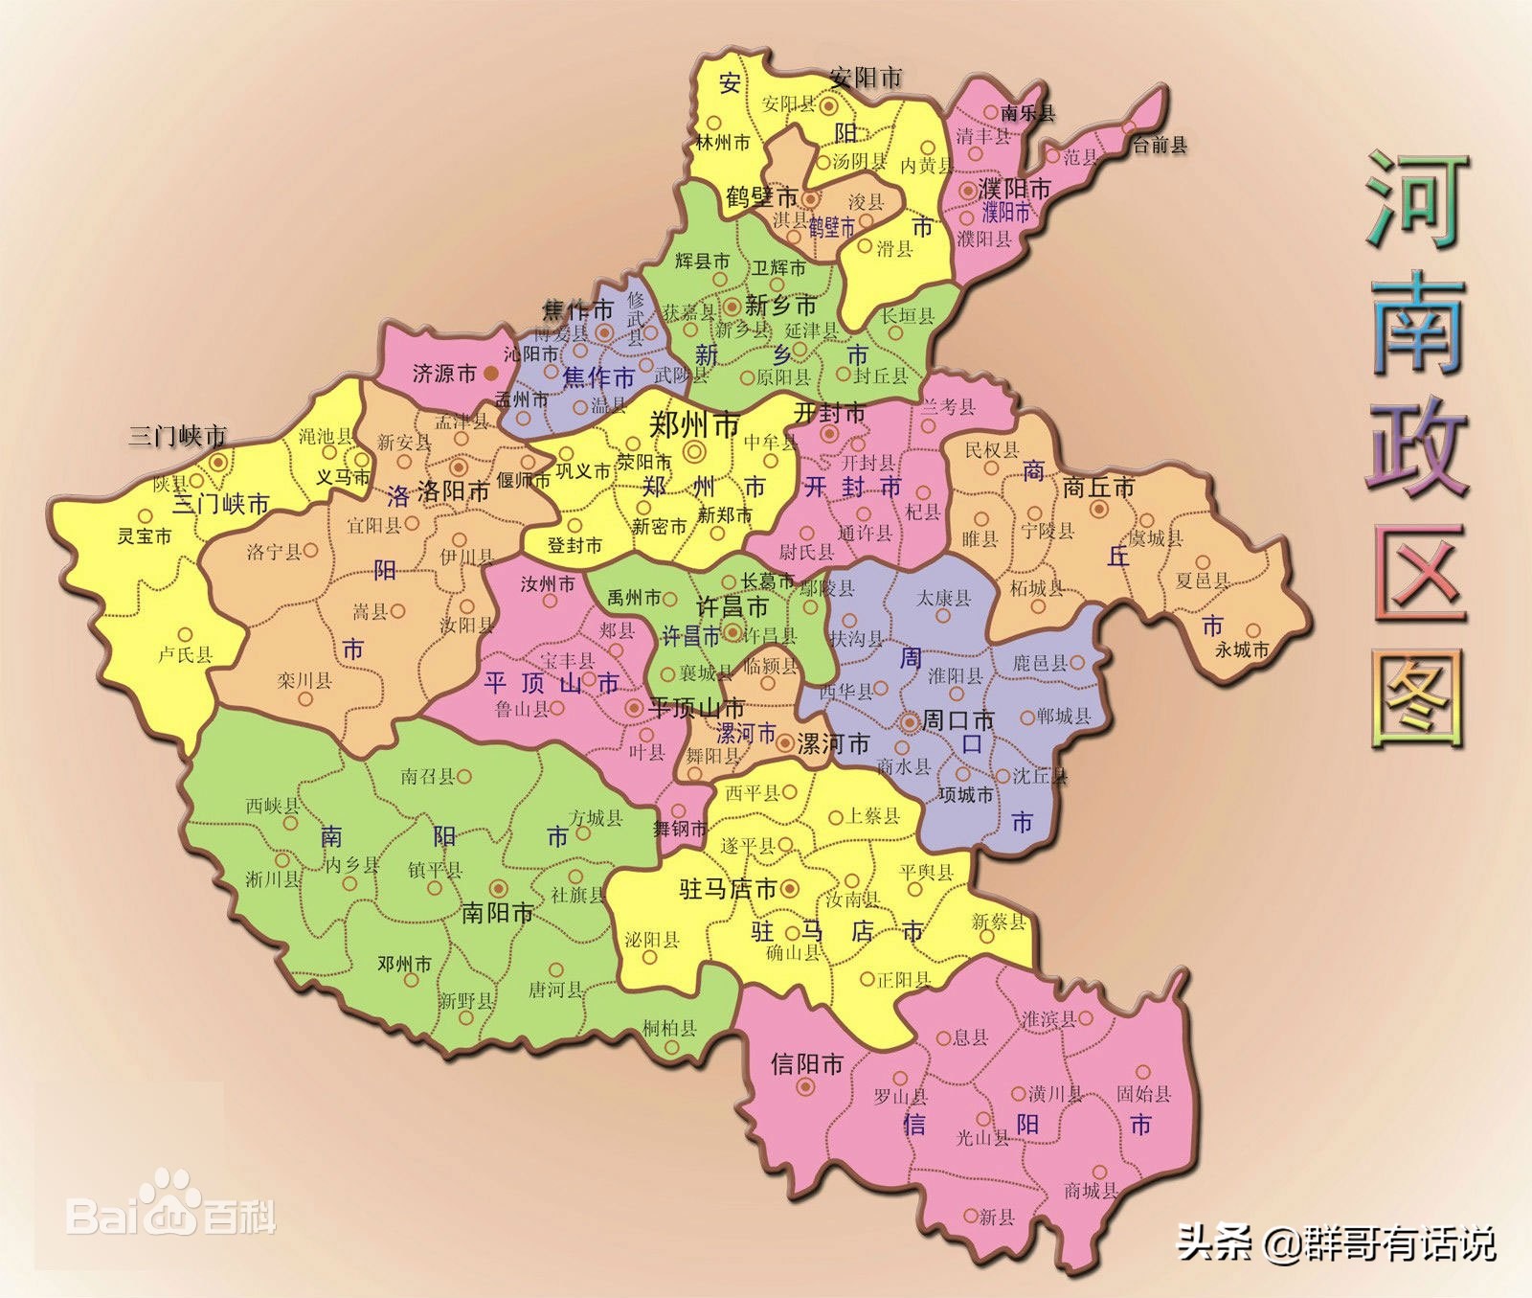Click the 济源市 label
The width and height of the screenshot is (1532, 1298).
coord(444,373)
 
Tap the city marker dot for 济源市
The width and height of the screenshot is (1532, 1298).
coord(491,373)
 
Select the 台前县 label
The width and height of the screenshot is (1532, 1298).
coord(1160,146)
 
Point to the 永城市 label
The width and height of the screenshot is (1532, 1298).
coord(1242,649)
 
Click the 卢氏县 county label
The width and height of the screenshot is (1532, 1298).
coord(185,655)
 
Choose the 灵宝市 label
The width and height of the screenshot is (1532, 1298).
coord(145,536)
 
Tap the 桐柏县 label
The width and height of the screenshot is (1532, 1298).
coord(670,1029)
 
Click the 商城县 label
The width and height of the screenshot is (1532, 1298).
coord(1092,1191)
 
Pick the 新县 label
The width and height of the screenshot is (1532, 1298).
coord(997,1218)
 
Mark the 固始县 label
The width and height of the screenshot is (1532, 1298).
coord(1144,1093)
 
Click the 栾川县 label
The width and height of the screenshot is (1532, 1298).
coord(304,681)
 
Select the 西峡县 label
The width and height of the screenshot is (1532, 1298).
coord(273,806)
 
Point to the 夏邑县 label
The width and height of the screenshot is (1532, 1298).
coord(1203,580)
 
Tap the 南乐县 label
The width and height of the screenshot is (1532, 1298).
coord(1028,113)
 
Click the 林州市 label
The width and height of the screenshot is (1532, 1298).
coord(723,143)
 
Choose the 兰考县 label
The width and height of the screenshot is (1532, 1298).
coord(949,407)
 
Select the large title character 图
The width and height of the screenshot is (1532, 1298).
coord(1418,698)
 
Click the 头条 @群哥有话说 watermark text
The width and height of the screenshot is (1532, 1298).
coord(1336,1244)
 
